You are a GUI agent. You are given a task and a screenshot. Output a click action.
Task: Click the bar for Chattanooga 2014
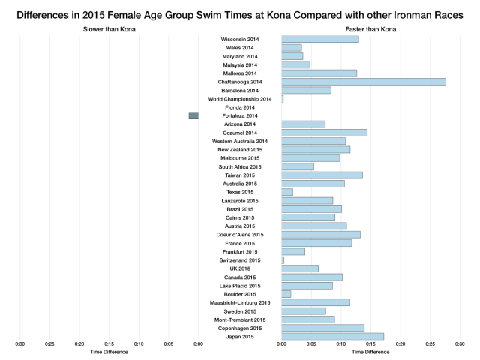(x=364, y=81)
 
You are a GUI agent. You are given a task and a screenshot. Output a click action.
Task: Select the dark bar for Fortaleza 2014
(x=193, y=115)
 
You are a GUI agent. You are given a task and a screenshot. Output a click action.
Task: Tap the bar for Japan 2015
(x=332, y=336)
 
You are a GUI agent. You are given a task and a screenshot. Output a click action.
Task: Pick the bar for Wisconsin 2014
(x=320, y=39)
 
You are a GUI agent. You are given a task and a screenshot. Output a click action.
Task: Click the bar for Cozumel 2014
(x=324, y=133)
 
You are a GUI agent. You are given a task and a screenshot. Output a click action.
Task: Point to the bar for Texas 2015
(x=287, y=192)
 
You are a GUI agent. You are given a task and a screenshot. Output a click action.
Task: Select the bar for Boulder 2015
(x=286, y=294)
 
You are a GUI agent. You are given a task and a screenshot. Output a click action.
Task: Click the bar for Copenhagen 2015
(x=322, y=328)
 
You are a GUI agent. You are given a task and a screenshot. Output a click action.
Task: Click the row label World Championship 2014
(x=240, y=99)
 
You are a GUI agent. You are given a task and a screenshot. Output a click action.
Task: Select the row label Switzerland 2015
(x=240, y=260)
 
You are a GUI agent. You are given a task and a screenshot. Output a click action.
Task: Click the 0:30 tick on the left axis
(x=20, y=344)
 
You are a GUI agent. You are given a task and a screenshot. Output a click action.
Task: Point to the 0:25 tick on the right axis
(x=430, y=344)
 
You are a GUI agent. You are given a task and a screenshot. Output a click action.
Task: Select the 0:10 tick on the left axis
(x=139, y=344)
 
